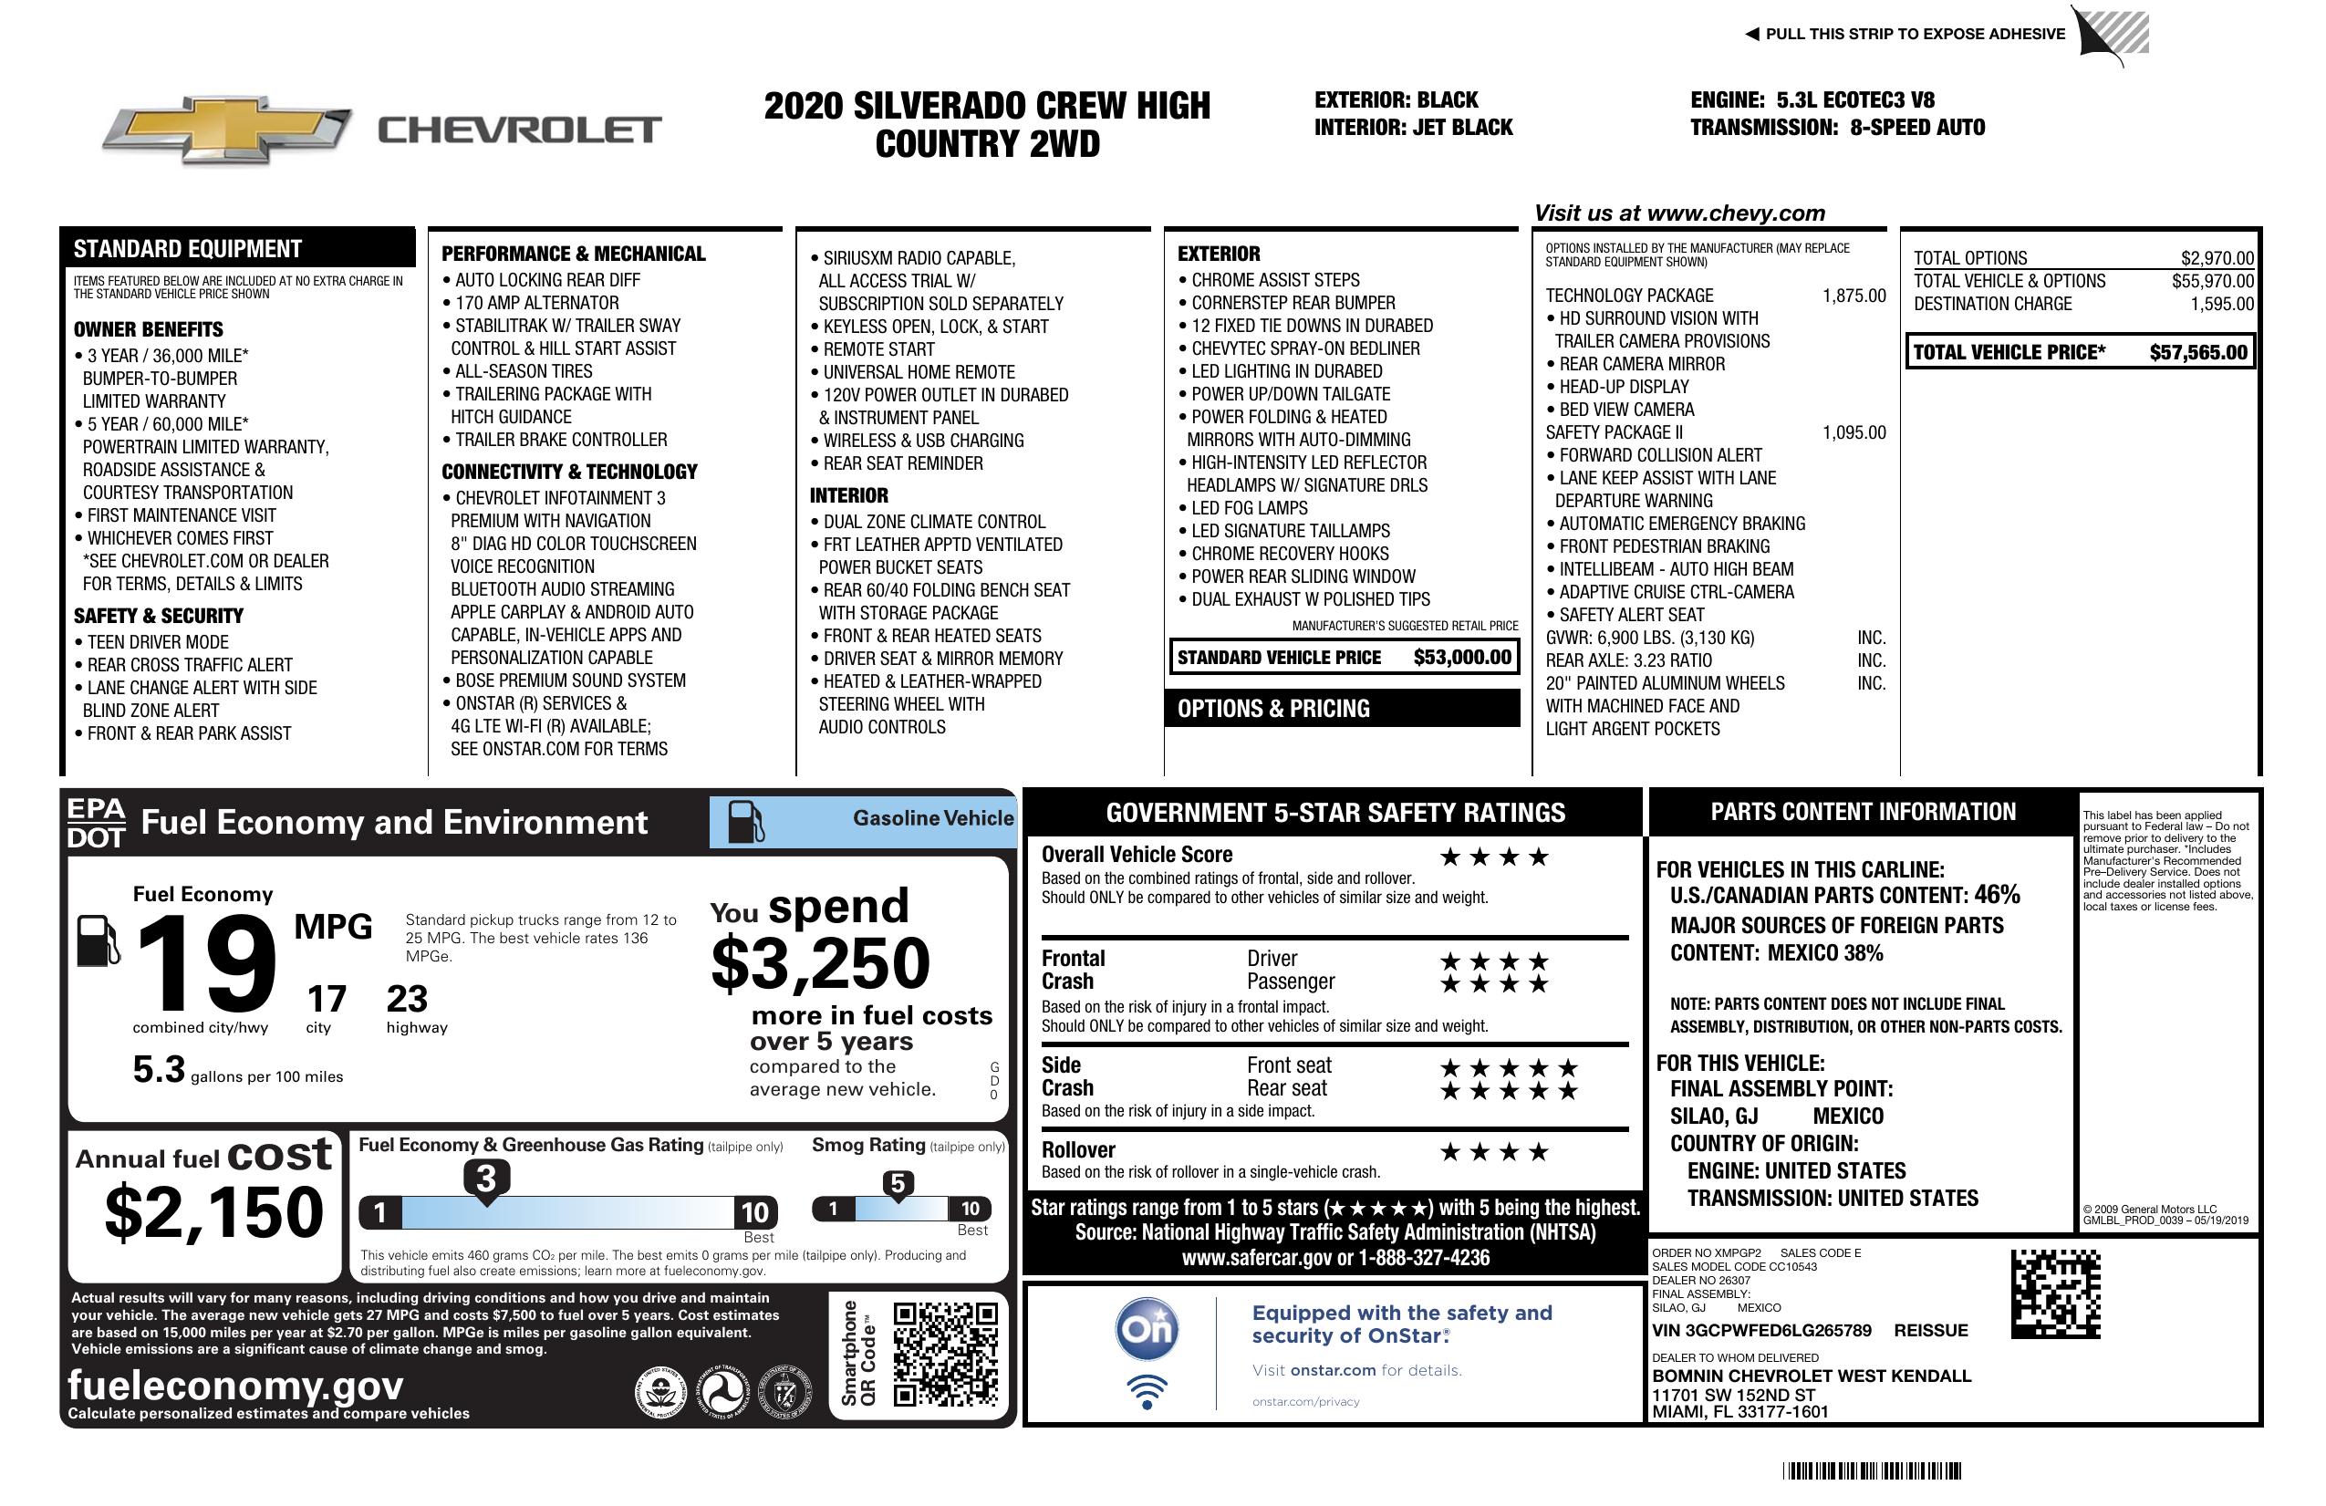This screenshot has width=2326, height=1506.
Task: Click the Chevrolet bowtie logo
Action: tap(226, 129)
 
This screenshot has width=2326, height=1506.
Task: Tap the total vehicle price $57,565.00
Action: tap(2198, 353)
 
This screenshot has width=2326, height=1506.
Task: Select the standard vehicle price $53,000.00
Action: tap(1462, 658)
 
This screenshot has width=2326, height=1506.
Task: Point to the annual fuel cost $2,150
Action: tap(214, 1212)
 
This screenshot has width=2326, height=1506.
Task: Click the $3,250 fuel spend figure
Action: tap(820, 963)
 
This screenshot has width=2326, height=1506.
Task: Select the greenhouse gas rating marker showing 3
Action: tap(485, 1179)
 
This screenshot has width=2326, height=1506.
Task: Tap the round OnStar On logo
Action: tap(1147, 1329)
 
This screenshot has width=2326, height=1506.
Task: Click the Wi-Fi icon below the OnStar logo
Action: tap(1147, 1392)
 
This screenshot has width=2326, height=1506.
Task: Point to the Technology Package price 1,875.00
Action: tap(1853, 296)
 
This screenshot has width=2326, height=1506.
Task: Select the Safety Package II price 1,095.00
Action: tap(1853, 433)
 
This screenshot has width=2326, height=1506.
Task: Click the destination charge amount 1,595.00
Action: tap(2221, 304)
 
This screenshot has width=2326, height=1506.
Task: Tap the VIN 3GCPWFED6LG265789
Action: tap(1761, 1331)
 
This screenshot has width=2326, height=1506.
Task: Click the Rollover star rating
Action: tap(1493, 1153)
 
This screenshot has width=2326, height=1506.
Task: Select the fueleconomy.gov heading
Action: tap(235, 1386)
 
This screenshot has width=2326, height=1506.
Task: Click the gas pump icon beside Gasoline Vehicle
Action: tap(746, 822)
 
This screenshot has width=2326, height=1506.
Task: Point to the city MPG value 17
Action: tap(327, 999)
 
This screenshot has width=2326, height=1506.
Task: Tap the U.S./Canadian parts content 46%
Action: tap(1996, 895)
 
